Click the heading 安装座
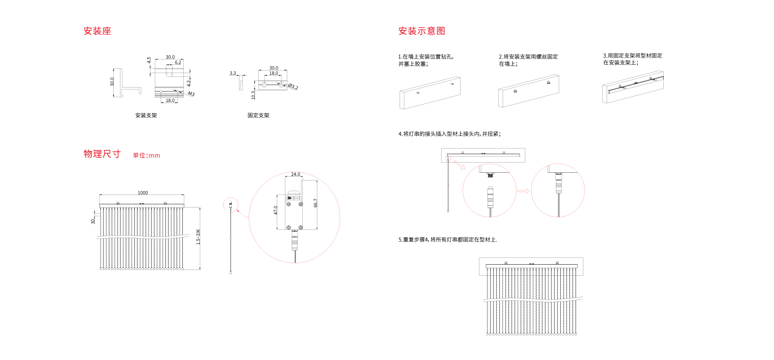click(x=97, y=31)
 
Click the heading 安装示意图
click(x=421, y=31)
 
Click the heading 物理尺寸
click(x=102, y=154)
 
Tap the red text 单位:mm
click(x=146, y=155)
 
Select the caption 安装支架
click(x=146, y=115)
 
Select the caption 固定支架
click(x=258, y=115)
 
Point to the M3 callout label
click(x=191, y=94)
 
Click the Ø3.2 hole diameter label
click(x=293, y=87)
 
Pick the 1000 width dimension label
click(x=143, y=193)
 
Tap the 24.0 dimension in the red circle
click(x=295, y=174)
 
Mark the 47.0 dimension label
click(x=276, y=210)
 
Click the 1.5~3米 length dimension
click(x=198, y=237)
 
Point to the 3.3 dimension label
click(x=233, y=73)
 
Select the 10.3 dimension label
click(x=253, y=95)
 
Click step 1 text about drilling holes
click(x=426, y=60)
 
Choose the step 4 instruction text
click(x=449, y=134)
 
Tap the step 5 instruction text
click(x=447, y=240)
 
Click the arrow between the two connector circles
click(x=523, y=191)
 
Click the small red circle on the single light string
click(x=231, y=205)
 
